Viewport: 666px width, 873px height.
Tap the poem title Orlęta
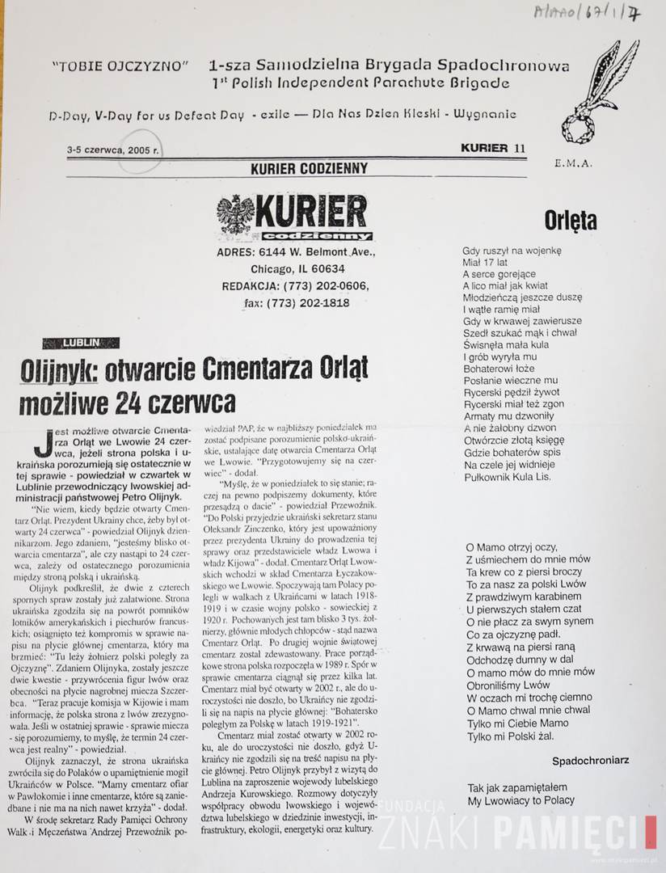[570, 220]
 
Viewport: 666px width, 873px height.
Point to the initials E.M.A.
[574, 162]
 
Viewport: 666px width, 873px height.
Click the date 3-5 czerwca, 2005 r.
[113, 150]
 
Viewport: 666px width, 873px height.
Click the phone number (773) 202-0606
[331, 286]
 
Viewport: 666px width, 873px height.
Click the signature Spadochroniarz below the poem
[590, 761]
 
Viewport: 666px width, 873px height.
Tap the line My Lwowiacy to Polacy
[521, 800]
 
